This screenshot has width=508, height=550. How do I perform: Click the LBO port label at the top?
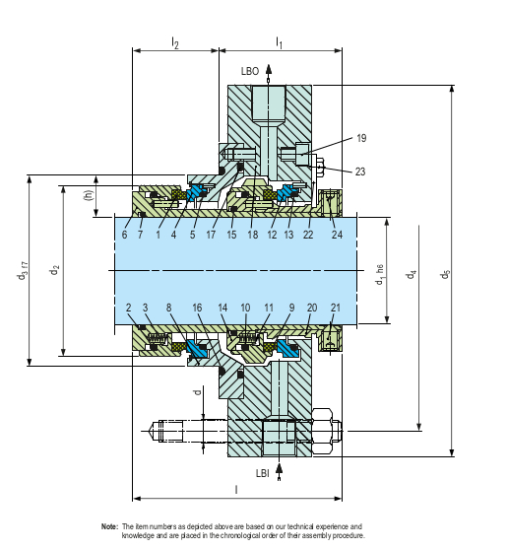(250, 72)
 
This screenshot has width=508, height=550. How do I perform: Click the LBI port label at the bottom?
(264, 474)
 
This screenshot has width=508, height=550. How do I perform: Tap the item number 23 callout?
(360, 172)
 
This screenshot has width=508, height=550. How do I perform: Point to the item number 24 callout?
(339, 234)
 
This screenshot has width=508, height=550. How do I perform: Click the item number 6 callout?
(125, 234)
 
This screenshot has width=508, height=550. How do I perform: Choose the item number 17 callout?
(212, 234)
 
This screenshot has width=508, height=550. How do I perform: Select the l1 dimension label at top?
(279, 42)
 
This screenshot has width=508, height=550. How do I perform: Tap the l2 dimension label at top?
(174, 42)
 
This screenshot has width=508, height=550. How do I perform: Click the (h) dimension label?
(90, 194)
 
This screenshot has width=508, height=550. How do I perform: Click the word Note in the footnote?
(109, 526)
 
